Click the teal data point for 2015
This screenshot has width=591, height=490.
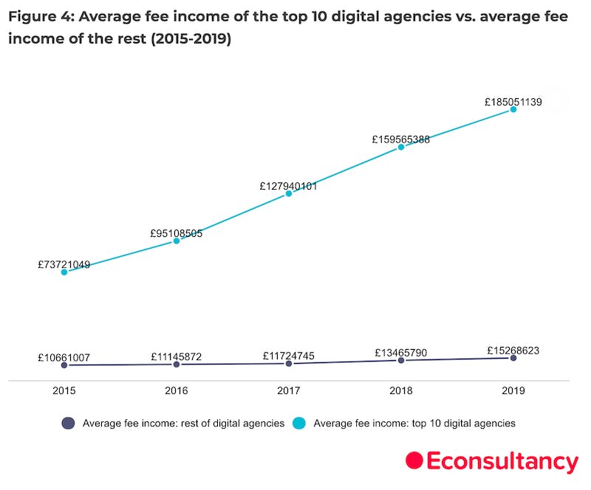tap(64, 272)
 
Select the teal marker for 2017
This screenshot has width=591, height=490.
tap(289, 193)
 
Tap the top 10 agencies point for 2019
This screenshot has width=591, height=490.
tap(513, 110)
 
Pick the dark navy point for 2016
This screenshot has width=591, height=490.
tap(177, 365)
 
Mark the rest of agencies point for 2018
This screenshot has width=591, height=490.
tap(401, 360)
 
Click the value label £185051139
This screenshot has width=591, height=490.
tap(513, 103)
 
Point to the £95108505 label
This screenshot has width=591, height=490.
tap(177, 234)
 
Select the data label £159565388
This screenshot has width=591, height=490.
tap(401, 139)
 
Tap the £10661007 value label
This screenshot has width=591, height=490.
tap(64, 358)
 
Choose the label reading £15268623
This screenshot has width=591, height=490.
tap(513, 351)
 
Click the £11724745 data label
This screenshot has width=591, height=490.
tap(289, 356)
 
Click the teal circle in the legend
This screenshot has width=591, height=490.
tap(299, 424)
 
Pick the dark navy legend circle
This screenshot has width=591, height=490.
tap(69, 424)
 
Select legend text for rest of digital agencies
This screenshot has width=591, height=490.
tap(183, 424)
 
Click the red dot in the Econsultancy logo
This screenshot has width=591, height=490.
tap(414, 460)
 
